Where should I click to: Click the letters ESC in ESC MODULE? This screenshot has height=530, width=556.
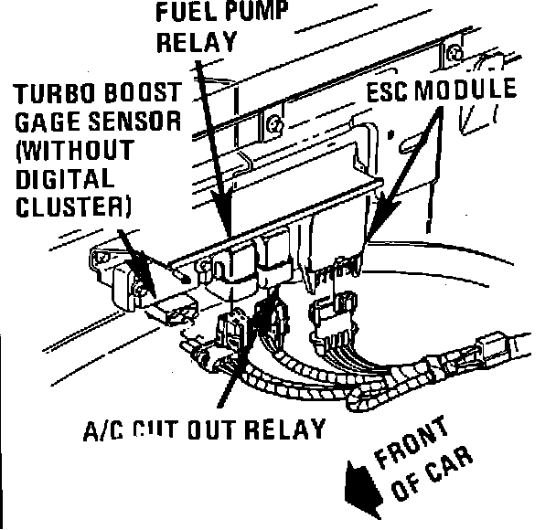[391, 91]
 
